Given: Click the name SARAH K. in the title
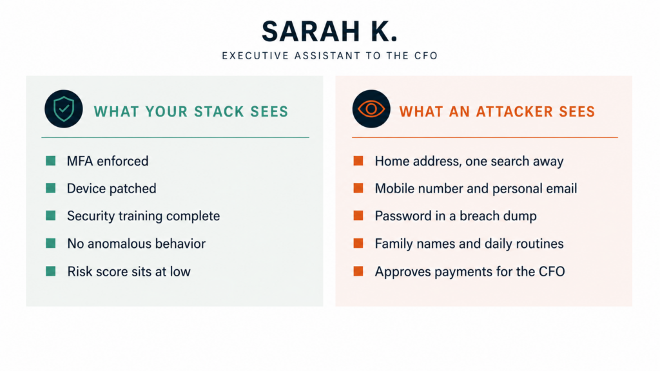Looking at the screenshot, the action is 329,32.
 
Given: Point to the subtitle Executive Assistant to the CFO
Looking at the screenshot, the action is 330,56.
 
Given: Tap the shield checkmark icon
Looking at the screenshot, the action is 64,109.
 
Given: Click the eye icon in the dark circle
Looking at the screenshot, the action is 371,109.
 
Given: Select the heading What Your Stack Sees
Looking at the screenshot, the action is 191,111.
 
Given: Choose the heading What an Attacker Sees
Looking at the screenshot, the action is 497,111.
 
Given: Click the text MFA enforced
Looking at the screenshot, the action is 108,161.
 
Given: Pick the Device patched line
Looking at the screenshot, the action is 112,189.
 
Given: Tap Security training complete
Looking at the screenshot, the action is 144,216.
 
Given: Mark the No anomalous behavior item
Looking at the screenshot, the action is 137,243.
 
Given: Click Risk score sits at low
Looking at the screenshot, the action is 129,271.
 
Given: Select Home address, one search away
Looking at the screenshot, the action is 469,162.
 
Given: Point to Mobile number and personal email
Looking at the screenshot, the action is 476,189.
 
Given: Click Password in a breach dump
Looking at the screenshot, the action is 456,216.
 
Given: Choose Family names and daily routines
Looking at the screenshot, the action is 469,244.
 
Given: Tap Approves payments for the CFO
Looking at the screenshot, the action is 470,272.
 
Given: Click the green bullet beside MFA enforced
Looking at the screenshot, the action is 50,160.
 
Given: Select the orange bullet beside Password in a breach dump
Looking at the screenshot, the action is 358,216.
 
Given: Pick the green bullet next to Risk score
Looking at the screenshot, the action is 50,271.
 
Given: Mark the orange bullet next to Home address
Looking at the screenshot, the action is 358,160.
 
